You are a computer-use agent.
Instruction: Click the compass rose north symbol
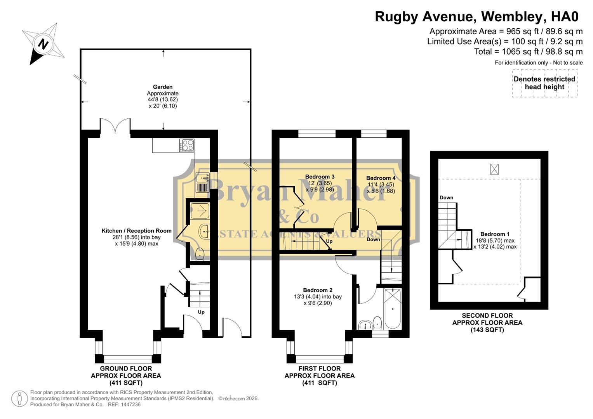click(x=43, y=43)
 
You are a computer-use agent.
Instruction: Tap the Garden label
click(x=163, y=87)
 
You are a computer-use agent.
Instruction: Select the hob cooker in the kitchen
click(x=187, y=145)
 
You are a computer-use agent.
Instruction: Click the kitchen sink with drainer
click(x=202, y=183)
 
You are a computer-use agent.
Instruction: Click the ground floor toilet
click(x=200, y=254)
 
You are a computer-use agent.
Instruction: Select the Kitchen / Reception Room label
click(x=136, y=231)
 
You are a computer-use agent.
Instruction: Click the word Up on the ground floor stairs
click(x=201, y=312)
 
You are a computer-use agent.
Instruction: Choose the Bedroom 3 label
click(x=320, y=177)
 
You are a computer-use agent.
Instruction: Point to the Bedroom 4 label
click(x=381, y=178)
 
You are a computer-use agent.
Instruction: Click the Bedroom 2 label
click(x=318, y=290)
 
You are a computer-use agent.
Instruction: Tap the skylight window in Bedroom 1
click(x=494, y=169)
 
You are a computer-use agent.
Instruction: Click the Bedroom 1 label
click(x=495, y=234)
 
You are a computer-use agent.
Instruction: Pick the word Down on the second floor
click(x=446, y=197)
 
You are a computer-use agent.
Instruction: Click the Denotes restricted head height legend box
click(x=544, y=83)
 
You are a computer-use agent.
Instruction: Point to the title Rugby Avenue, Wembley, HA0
click(x=476, y=17)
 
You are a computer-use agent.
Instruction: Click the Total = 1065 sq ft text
click(x=528, y=52)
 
